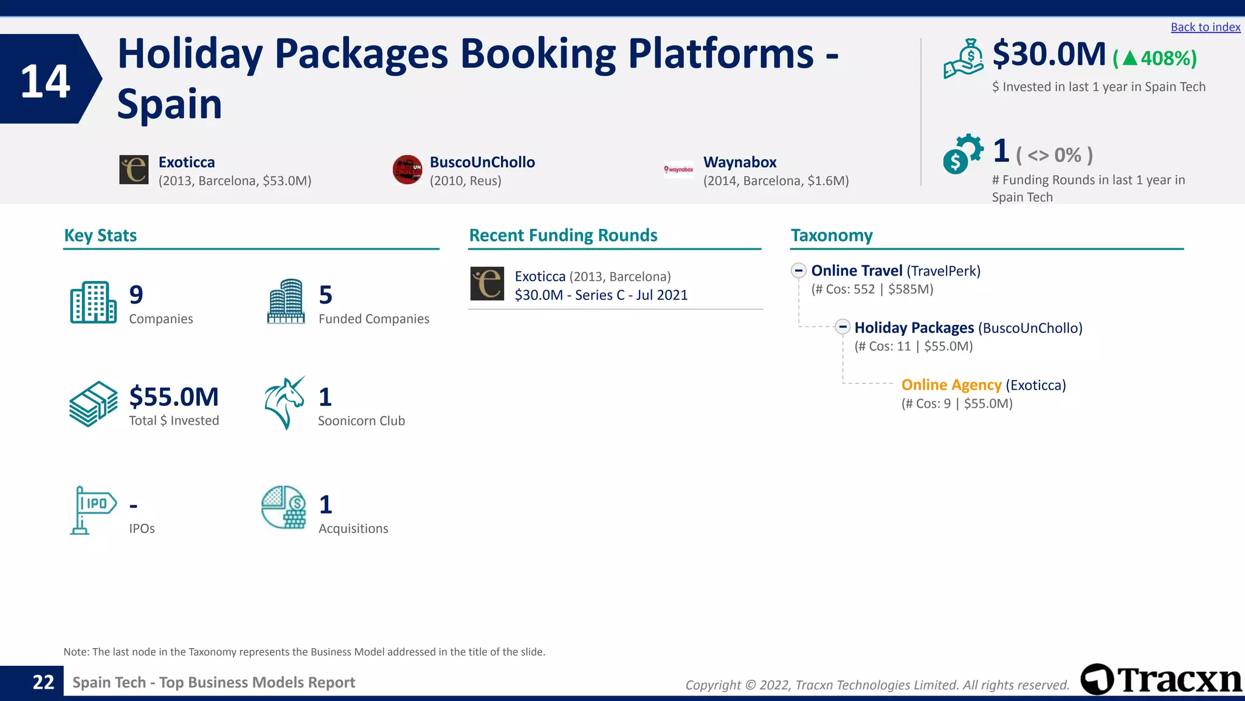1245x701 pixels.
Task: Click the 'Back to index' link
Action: click(x=1205, y=27)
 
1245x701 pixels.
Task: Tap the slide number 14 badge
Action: click(x=46, y=80)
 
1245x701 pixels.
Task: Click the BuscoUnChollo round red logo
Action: click(x=407, y=170)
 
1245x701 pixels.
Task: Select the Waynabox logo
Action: click(x=678, y=170)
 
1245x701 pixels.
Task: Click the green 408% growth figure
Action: click(x=1155, y=58)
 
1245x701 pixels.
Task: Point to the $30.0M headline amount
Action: click(x=1049, y=55)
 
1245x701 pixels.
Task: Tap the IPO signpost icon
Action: click(x=92, y=510)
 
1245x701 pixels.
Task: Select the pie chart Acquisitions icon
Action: click(x=284, y=507)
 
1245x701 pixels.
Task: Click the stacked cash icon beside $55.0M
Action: click(x=93, y=404)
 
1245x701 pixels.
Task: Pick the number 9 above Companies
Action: click(x=136, y=295)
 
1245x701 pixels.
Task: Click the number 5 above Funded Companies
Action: click(x=326, y=295)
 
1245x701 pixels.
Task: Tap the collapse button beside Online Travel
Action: click(x=799, y=271)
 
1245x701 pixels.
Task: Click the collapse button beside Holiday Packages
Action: click(x=843, y=327)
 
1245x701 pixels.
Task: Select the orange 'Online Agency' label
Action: click(x=951, y=385)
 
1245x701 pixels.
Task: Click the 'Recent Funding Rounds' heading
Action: click(x=563, y=235)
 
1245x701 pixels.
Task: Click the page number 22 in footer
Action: click(x=43, y=683)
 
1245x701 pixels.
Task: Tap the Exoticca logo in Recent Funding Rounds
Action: click(x=487, y=284)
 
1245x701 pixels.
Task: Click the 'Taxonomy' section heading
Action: click(x=831, y=235)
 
